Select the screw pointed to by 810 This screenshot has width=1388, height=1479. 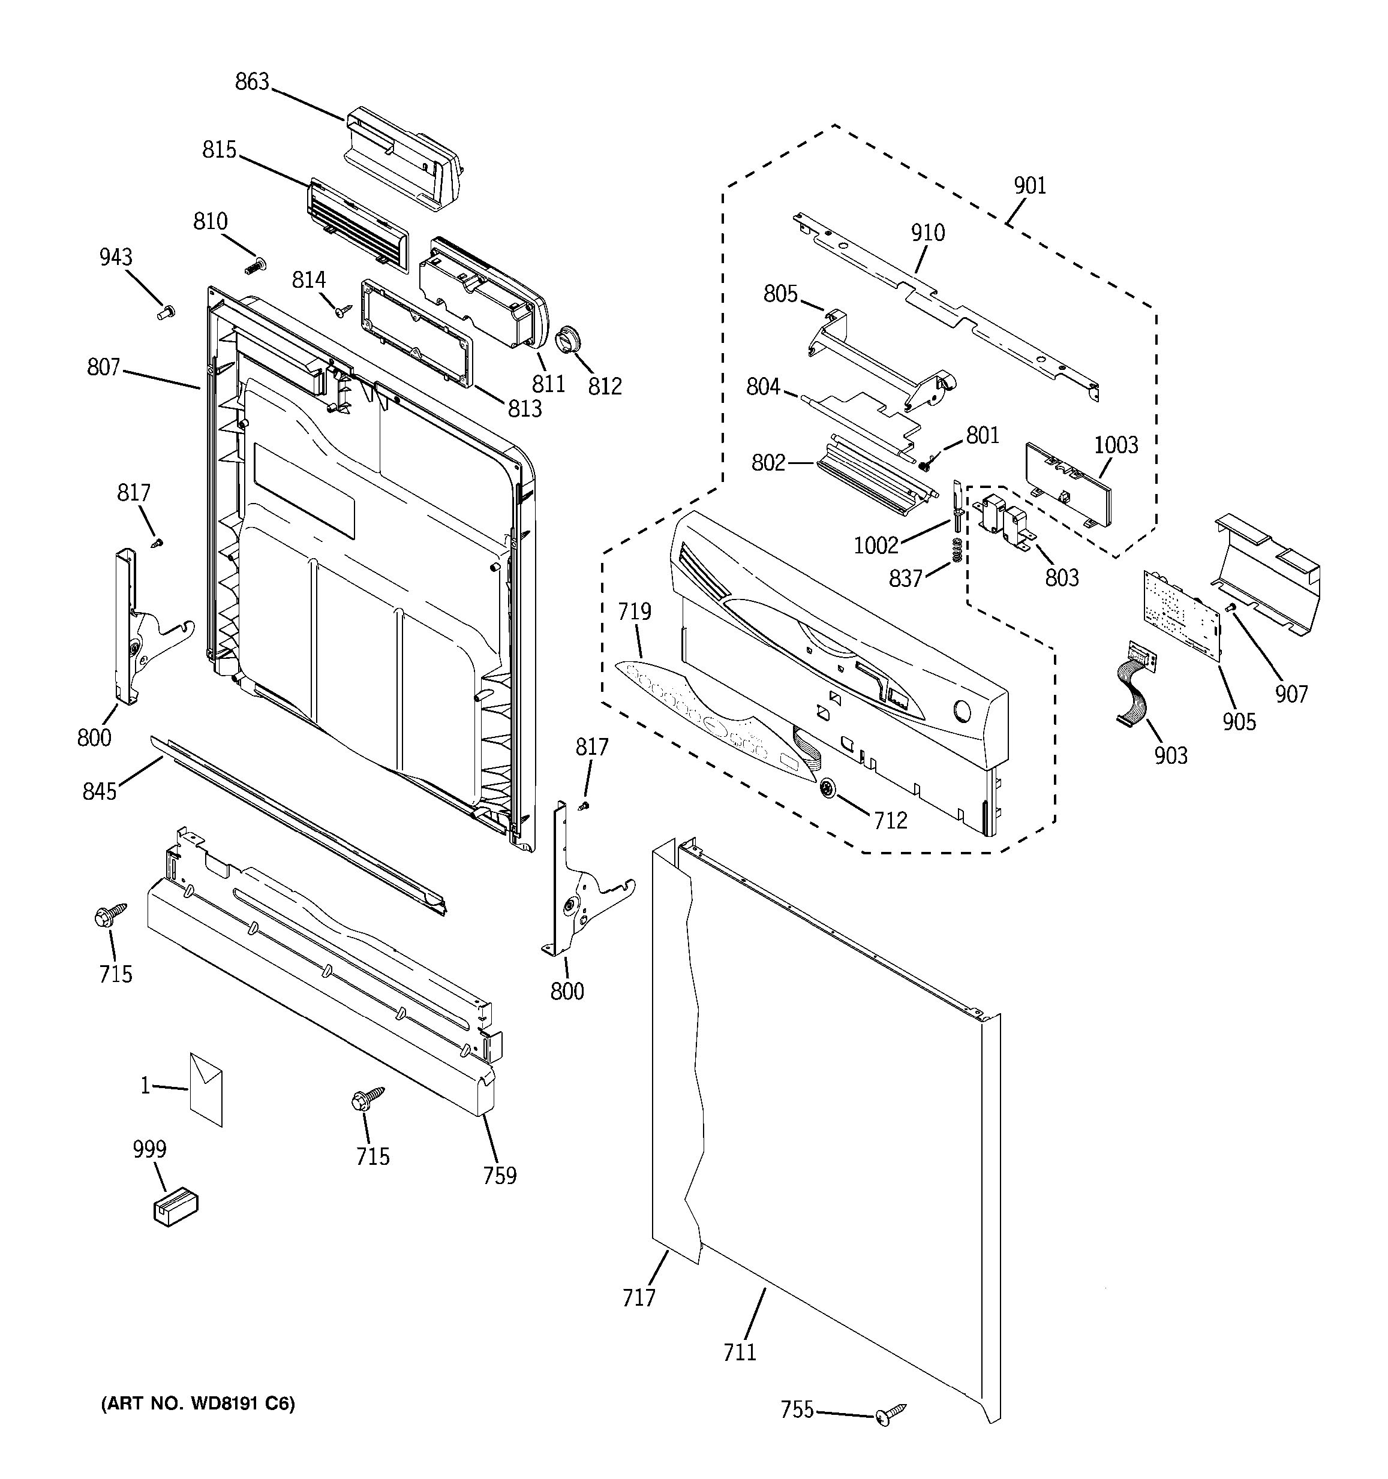256,264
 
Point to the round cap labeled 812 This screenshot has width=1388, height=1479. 570,343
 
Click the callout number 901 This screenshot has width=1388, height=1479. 1030,185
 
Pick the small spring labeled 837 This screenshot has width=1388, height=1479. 958,552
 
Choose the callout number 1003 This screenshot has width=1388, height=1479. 1116,445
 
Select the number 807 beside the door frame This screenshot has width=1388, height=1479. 103,367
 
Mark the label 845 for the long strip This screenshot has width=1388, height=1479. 100,791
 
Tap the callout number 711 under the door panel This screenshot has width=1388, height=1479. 740,1352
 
